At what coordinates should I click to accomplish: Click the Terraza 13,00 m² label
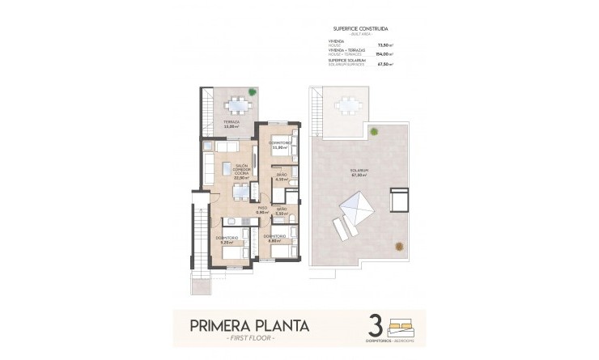[233, 125]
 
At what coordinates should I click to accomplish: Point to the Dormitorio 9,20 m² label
[226, 239]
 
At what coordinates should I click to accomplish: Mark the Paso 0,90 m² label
[262, 210]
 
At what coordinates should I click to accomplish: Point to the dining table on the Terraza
[238, 106]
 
